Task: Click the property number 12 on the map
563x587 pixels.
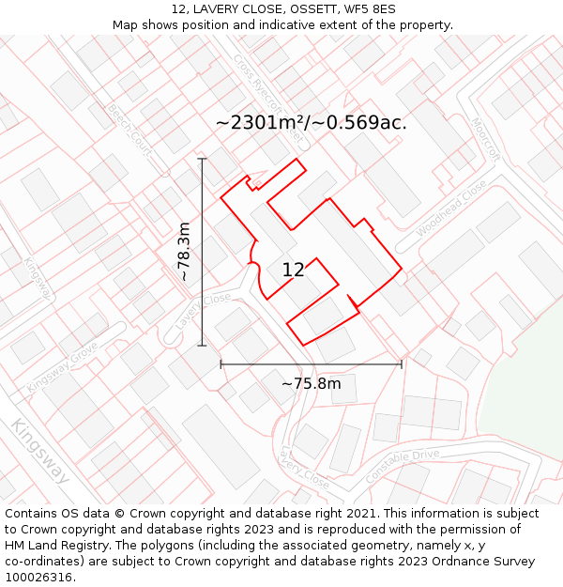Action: (293, 270)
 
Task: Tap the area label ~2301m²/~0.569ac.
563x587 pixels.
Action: (311, 123)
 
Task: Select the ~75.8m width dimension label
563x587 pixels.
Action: (311, 383)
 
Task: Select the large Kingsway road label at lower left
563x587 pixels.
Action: (39, 452)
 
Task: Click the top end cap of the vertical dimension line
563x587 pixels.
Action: (202, 160)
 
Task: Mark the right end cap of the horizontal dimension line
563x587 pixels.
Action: (402, 364)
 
